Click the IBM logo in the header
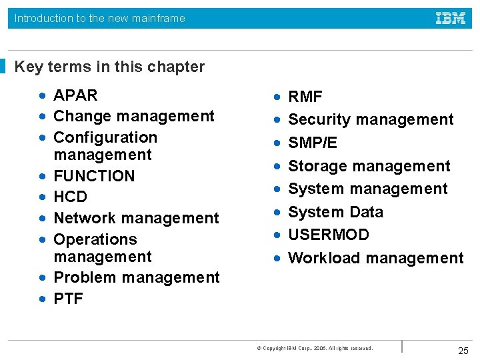click(x=451, y=18)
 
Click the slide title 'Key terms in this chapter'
click(x=109, y=67)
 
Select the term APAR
click(x=75, y=95)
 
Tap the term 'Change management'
click(x=133, y=116)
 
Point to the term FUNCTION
click(x=94, y=176)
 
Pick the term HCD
click(x=70, y=197)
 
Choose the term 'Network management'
click(x=136, y=218)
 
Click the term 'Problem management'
click(x=136, y=277)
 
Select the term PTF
click(x=68, y=299)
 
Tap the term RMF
click(x=305, y=97)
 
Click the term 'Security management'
click(x=371, y=120)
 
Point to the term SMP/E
click(x=313, y=143)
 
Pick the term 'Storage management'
click(x=369, y=166)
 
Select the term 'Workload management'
click(x=375, y=258)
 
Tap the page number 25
click(x=463, y=351)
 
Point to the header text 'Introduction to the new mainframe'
click(x=100, y=19)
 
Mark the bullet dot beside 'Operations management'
click(x=42, y=239)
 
